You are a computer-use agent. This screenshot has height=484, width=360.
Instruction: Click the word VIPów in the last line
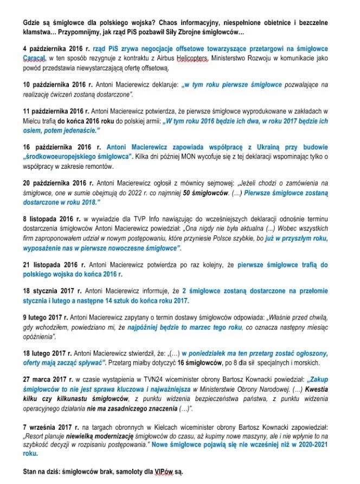coord(150,472)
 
